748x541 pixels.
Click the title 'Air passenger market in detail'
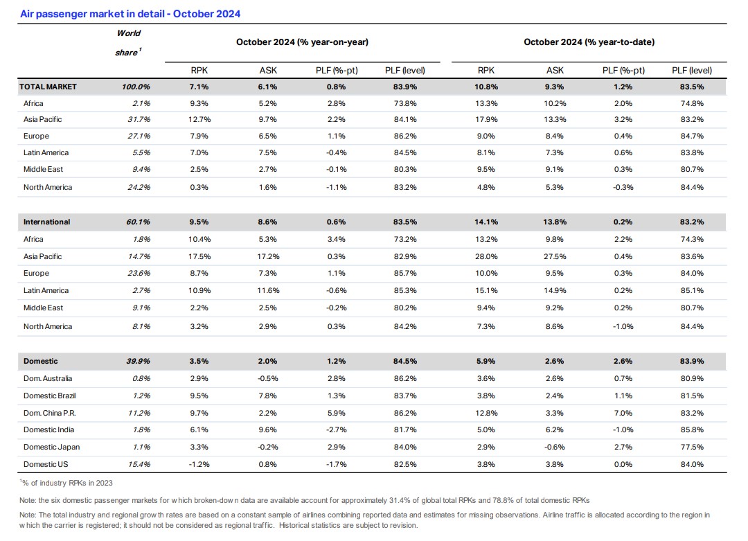pos(92,14)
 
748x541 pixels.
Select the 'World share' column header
pos(128,42)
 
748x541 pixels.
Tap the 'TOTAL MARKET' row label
pos(48,87)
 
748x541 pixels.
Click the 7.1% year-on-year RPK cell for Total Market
pos(199,87)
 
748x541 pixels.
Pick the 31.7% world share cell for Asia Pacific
pos(139,119)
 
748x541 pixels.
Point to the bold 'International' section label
pos(47,222)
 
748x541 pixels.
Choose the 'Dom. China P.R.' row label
pos(50,413)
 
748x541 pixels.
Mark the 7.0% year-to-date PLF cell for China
pos(623,413)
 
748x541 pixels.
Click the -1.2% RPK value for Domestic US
pos(199,464)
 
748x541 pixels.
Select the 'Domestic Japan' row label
pos(51,447)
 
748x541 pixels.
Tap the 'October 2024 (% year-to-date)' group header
pos(589,42)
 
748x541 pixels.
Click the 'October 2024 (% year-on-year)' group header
pos(303,42)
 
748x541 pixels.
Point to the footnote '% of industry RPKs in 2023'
pos(66,483)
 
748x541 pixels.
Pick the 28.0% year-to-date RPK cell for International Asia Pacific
pos(486,257)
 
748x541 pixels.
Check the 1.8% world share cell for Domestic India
pos(142,430)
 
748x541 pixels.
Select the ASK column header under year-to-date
pos(555,71)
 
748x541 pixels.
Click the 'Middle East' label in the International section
pos(43,308)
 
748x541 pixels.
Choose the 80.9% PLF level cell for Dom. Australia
pos(692,379)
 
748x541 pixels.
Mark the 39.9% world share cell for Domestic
pos(139,361)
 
